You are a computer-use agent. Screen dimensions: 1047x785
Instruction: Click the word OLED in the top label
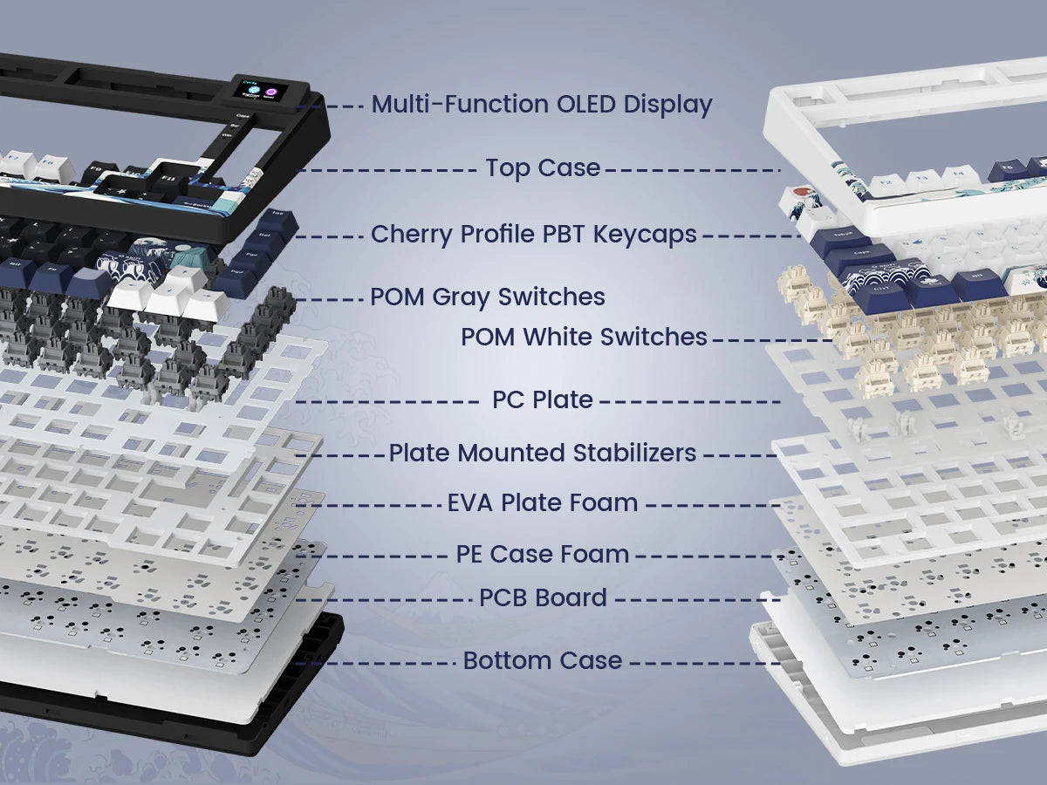coord(586,104)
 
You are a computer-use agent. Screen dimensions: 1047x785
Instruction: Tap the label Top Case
coord(543,167)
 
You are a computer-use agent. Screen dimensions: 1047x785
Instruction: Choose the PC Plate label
coord(543,399)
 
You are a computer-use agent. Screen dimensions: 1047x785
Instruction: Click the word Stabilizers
coord(634,453)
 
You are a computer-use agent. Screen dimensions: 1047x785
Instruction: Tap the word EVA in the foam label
coord(469,503)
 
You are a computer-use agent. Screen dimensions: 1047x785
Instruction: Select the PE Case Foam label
coord(543,554)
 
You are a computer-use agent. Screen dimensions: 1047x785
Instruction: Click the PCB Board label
coord(543,597)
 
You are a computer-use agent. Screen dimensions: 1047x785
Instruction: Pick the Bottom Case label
coord(543,660)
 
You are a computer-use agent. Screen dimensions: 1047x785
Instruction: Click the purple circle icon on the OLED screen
coord(271,92)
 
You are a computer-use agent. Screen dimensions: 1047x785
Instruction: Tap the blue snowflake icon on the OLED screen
coord(253,90)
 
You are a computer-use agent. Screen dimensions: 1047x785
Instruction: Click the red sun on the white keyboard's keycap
coord(799,192)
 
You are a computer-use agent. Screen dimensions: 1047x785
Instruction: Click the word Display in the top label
coord(667,105)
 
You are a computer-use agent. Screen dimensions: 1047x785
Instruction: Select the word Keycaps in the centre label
coord(645,235)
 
